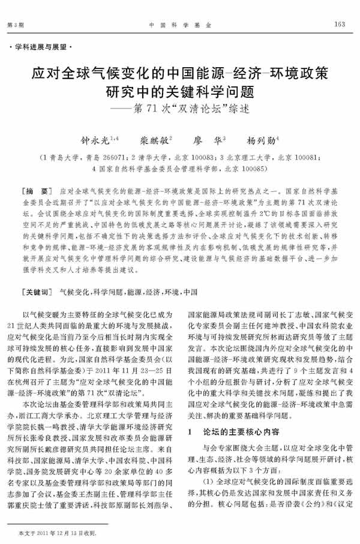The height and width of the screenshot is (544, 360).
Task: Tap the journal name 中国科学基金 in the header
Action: point(179,24)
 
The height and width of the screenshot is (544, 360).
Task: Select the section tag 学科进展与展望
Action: point(41,46)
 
